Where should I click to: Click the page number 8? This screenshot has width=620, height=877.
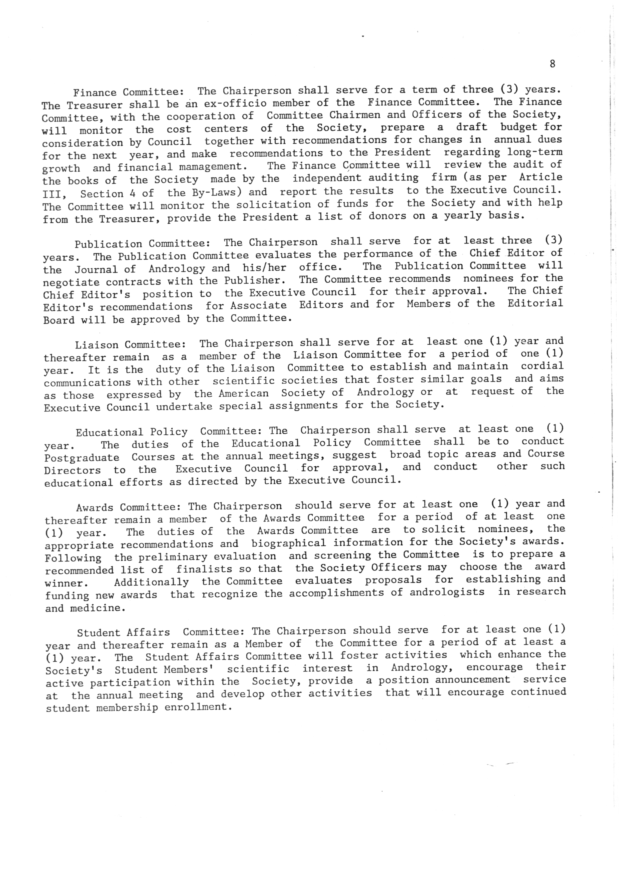tap(552, 64)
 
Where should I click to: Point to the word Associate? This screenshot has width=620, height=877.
tap(258, 306)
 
